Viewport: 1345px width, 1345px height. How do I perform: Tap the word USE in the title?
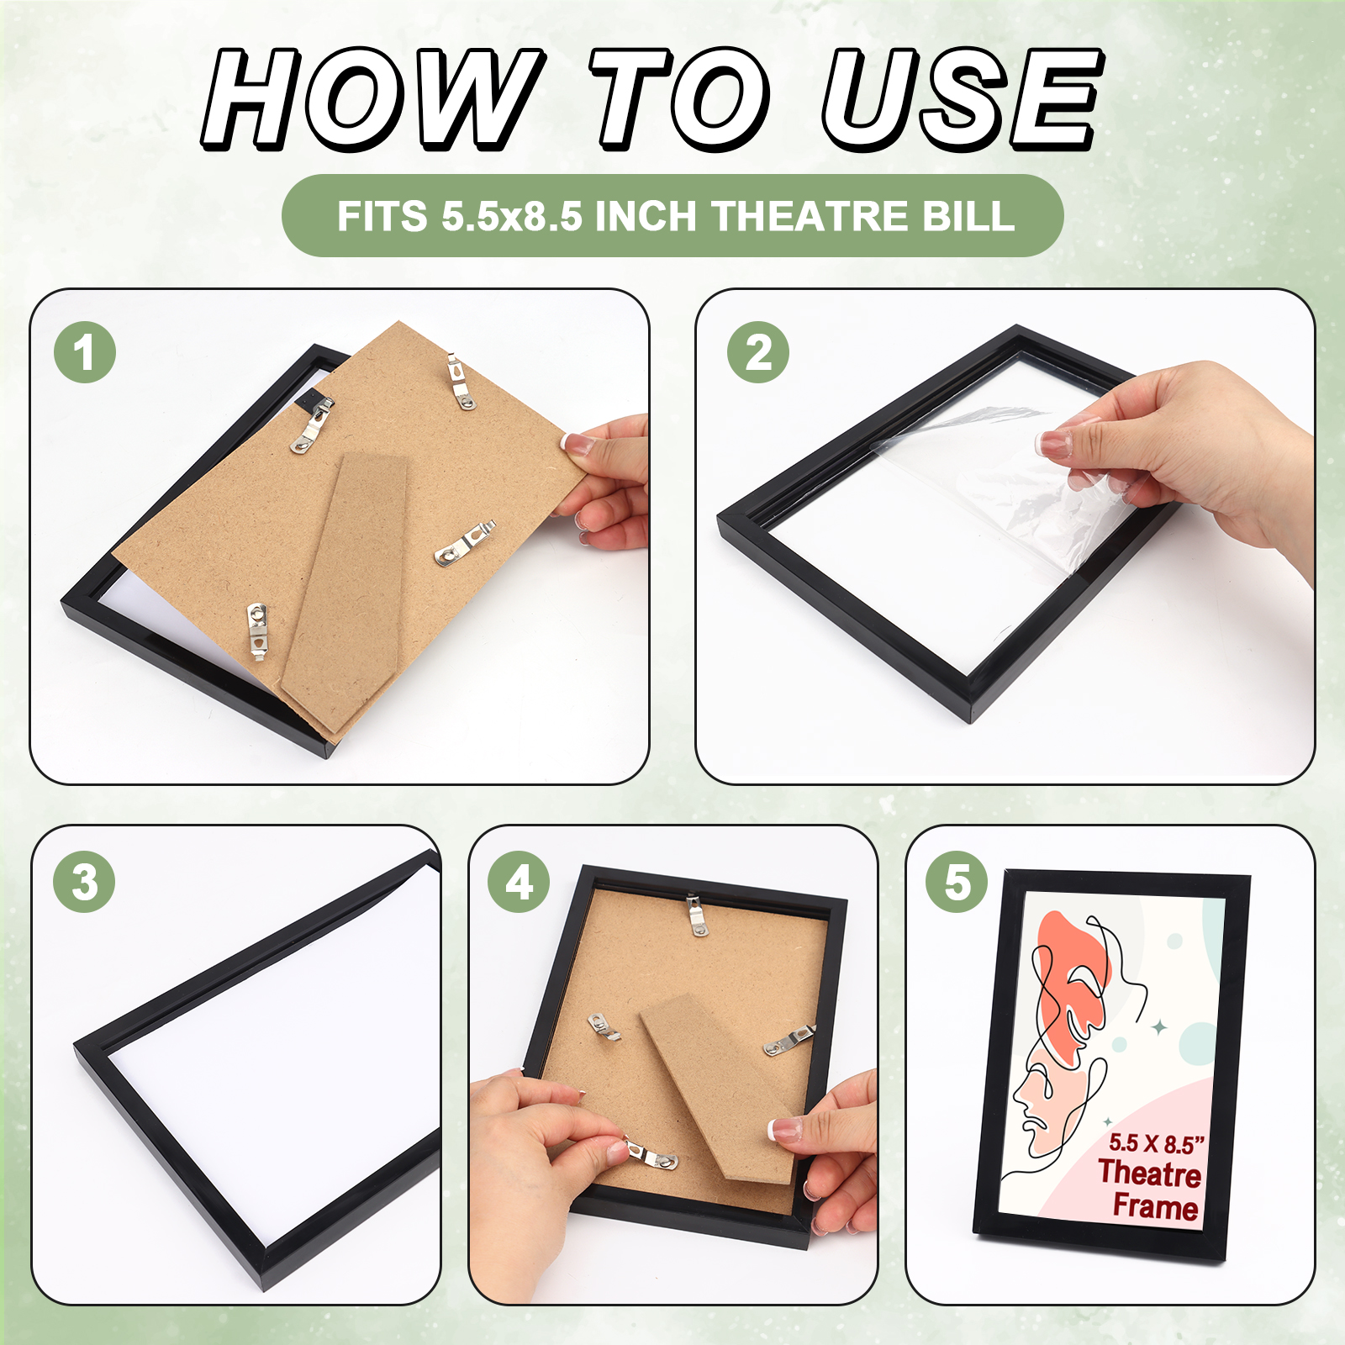pos(963,99)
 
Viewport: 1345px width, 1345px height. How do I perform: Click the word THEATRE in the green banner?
pos(810,216)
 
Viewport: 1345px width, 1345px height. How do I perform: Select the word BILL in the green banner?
pos(969,216)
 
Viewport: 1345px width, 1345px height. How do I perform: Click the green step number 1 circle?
pos(85,352)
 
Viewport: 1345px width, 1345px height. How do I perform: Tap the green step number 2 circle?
pos(758,352)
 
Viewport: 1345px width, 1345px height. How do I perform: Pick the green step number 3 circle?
pos(84,882)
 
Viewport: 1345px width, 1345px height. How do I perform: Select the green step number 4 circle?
pos(519,882)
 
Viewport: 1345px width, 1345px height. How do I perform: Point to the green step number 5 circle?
pos(957,882)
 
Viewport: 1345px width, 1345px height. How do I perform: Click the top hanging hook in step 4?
pos(696,915)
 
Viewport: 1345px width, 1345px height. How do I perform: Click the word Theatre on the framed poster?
pos(1149,1174)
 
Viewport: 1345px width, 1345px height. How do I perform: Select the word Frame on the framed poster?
pos(1156,1207)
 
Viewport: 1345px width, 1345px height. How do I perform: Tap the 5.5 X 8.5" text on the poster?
pos(1157,1143)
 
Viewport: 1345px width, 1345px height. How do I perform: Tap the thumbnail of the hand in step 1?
pos(578,444)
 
